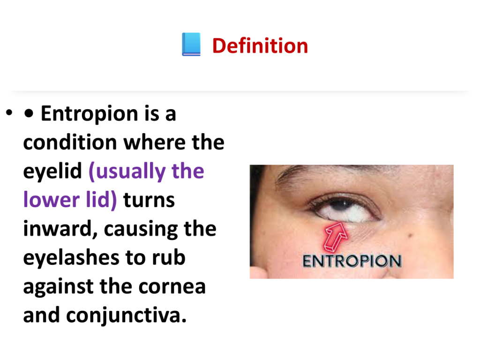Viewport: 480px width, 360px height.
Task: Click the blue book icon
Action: (191, 45)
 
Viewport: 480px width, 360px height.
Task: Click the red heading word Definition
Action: (260, 46)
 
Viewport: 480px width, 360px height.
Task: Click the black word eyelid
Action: (52, 172)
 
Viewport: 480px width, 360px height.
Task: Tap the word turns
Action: (149, 200)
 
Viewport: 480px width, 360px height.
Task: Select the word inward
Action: (60, 229)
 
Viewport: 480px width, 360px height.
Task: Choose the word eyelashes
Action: (72, 258)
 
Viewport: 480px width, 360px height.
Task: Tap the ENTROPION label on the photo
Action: (352, 261)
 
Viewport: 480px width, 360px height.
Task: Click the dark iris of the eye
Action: (342, 205)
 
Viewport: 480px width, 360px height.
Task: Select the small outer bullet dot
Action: (9, 112)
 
